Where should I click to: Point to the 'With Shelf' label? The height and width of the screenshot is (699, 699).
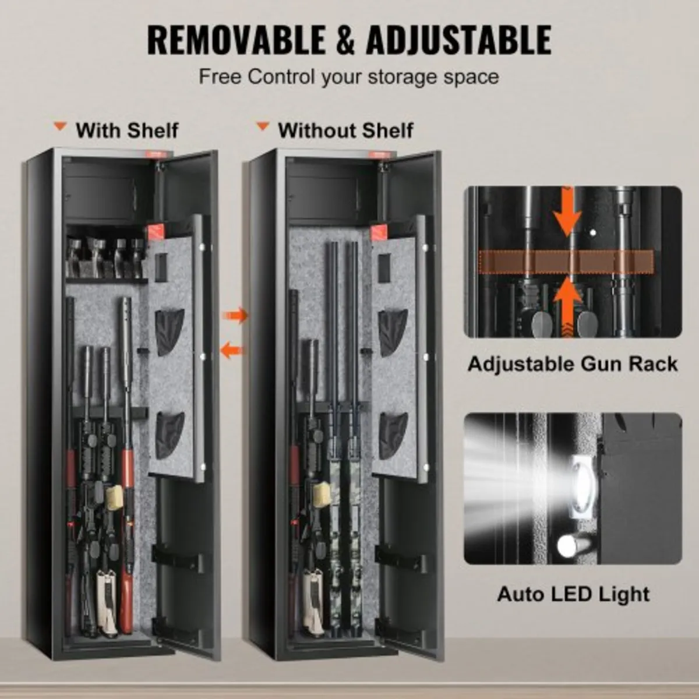[x=126, y=130]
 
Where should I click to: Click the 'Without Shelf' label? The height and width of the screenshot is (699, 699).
[x=345, y=130]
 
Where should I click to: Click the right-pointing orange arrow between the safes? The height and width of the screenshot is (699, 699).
[x=235, y=315]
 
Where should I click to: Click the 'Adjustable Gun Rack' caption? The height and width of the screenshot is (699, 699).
[x=573, y=364]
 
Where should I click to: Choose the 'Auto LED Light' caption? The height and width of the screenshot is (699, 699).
[x=573, y=594]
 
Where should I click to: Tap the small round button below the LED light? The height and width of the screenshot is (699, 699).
[x=567, y=546]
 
